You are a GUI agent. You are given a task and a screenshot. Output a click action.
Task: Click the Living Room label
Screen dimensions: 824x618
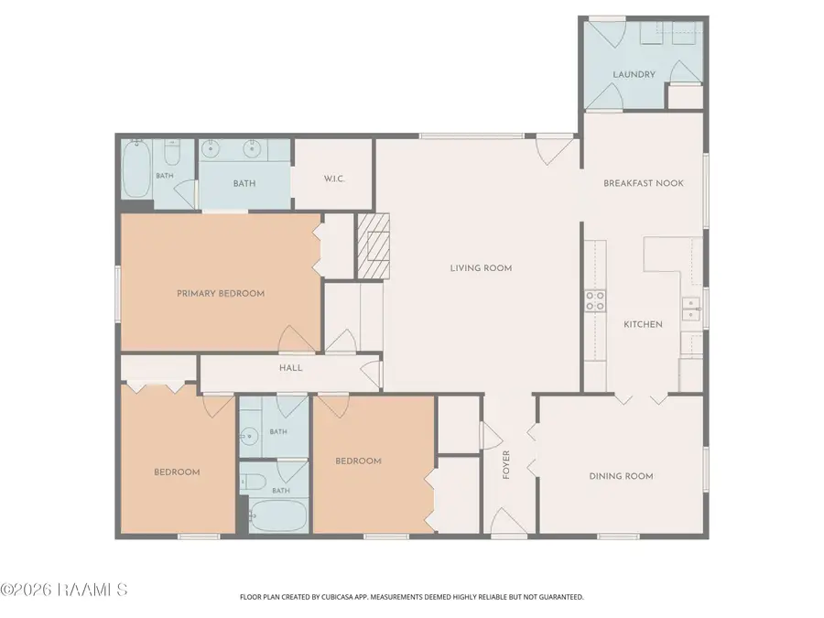(481, 268)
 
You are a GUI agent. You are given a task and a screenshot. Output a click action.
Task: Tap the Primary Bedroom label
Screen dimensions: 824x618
(221, 293)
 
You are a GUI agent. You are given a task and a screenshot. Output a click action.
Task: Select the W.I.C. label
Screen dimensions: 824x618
(334, 179)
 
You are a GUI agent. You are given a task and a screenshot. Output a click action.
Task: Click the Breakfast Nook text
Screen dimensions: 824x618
(644, 183)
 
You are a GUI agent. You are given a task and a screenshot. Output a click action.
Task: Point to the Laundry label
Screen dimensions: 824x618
(634, 75)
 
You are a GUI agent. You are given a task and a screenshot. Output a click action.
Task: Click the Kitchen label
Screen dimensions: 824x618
(643, 324)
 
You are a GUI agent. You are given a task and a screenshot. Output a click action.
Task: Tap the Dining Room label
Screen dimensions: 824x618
(621, 476)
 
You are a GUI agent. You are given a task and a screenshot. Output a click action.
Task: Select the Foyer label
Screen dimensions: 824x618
(506, 464)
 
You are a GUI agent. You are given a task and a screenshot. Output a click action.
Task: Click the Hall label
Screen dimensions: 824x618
(290, 368)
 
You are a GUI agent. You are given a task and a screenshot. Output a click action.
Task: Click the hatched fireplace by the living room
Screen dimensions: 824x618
(374, 246)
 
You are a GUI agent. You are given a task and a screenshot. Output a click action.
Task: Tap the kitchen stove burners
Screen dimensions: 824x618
(595, 301)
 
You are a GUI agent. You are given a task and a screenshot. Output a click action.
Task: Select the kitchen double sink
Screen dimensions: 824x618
(691, 309)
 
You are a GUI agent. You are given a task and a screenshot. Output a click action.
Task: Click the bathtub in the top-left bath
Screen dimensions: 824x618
(136, 168)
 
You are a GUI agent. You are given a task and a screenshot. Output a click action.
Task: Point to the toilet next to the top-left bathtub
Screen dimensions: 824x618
(172, 152)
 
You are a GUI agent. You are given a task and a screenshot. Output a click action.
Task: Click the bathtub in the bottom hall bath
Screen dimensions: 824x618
(276, 516)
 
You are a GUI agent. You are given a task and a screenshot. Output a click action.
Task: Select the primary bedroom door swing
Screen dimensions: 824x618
(297, 339)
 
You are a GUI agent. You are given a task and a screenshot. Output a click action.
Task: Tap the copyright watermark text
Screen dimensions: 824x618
(63, 590)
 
